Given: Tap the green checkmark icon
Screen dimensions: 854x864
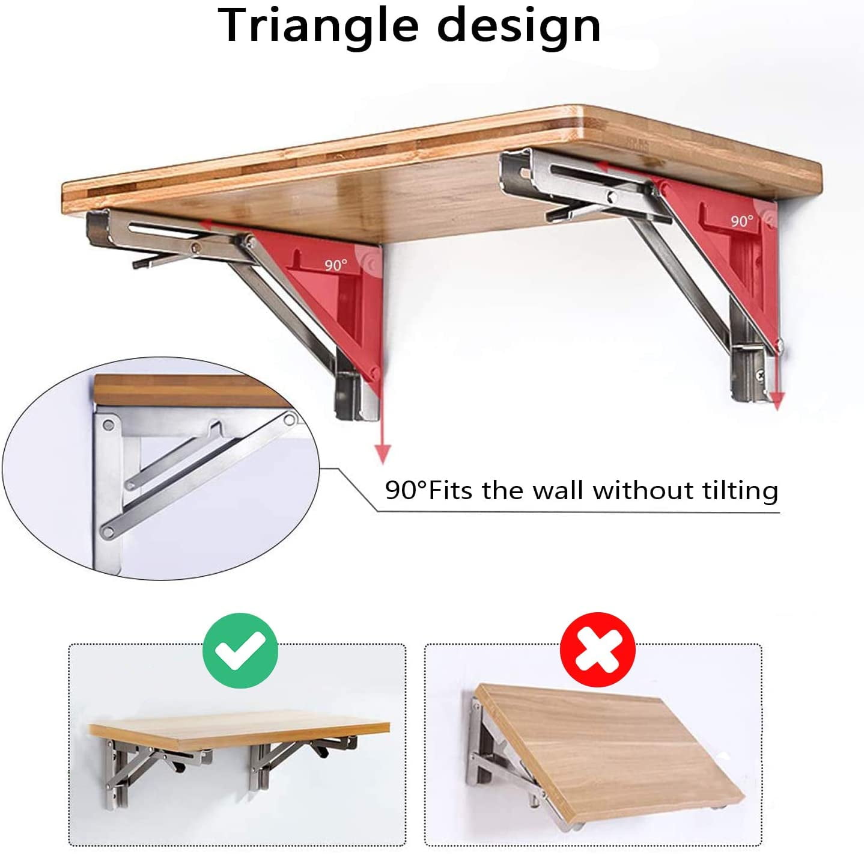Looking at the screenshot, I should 240,651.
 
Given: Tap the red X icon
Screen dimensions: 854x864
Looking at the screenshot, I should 597,651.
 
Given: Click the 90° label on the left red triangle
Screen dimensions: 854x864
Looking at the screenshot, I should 336,265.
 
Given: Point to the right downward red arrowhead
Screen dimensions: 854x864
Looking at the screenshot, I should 777,401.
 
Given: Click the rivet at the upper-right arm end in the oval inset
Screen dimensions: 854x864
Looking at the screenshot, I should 289,419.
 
